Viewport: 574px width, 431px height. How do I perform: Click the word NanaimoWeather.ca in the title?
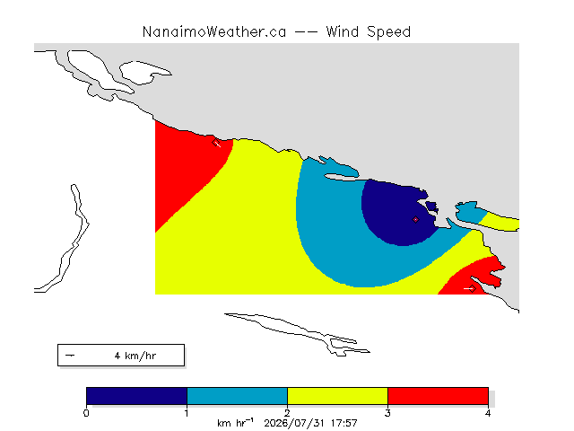point(214,32)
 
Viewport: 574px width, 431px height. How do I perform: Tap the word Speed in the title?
point(388,32)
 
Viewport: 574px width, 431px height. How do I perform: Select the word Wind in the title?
point(343,32)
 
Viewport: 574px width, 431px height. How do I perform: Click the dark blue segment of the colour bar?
point(136,396)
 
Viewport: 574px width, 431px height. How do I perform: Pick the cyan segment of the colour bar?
point(237,396)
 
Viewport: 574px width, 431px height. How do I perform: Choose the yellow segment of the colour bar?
point(337,396)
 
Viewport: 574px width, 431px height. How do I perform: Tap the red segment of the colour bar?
point(438,396)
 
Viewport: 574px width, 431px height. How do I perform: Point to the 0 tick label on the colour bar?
point(86,413)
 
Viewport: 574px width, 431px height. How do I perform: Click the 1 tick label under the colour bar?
point(187,413)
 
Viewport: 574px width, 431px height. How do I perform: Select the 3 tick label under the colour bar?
point(387,413)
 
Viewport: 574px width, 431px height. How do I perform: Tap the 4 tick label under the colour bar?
point(488,413)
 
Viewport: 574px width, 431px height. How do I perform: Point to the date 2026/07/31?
point(294,424)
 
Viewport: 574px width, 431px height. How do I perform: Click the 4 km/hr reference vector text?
point(135,356)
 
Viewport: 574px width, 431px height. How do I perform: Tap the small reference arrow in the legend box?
point(70,356)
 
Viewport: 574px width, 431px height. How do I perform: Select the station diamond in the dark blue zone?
point(415,219)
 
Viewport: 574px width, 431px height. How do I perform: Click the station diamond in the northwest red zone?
point(215,142)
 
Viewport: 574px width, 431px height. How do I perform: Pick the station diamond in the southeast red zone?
point(473,289)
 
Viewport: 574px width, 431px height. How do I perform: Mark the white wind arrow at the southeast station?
point(468,289)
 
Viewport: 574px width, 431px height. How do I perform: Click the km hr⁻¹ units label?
point(235,423)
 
